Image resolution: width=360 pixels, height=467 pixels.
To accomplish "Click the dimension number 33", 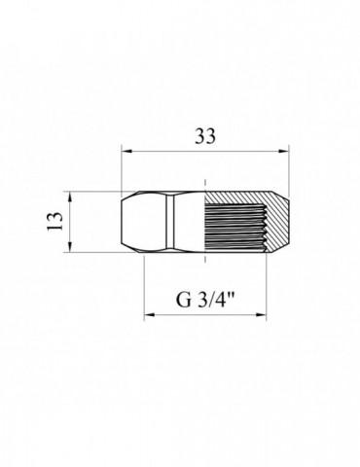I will [x=206, y=137].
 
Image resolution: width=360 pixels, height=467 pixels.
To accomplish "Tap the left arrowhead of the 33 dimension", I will [x=126, y=151].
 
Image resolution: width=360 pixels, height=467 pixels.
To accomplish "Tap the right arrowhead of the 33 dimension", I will [x=287, y=151].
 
